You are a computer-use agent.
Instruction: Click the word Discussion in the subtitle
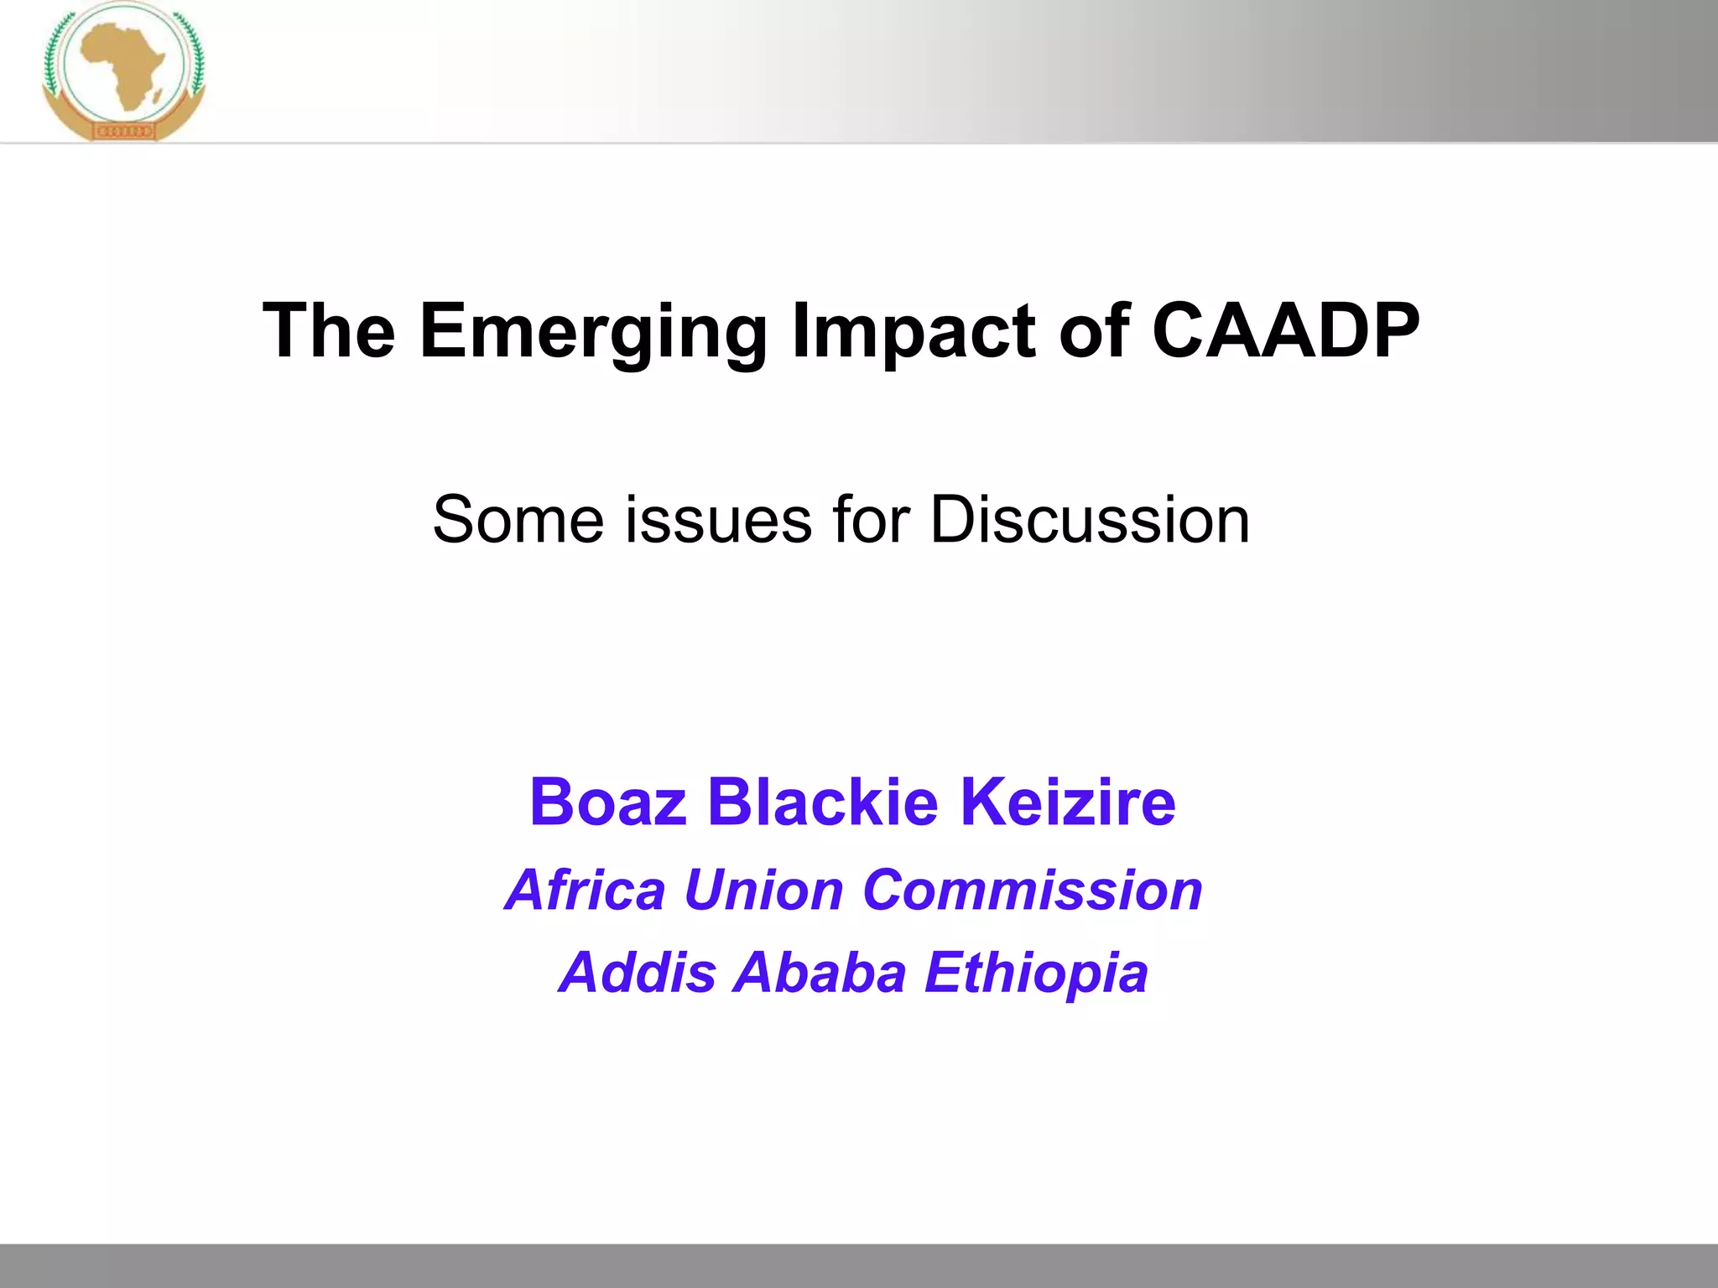pos(1090,520)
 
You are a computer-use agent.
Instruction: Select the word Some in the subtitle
pos(518,520)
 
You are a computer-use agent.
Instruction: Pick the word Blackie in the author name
pos(822,802)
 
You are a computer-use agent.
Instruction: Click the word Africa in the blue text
pos(586,890)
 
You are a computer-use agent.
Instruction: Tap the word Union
pos(763,890)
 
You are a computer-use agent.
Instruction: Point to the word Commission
pos(1033,890)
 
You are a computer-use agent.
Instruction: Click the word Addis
pos(637,973)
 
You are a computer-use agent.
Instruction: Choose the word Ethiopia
pos(1036,974)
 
